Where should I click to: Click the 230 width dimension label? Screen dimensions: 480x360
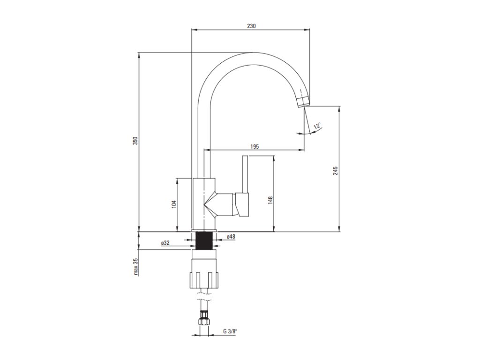[251, 26]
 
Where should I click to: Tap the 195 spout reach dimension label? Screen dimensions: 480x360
[255, 147]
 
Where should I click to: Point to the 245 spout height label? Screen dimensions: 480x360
[336, 171]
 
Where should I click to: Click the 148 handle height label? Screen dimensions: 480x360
[270, 200]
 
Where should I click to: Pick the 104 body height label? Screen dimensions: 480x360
[174, 204]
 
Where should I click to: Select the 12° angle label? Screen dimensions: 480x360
[317, 126]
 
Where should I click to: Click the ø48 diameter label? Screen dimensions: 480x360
[231, 237]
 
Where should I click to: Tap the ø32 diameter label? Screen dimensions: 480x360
[165, 243]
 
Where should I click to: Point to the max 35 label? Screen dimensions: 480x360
[136, 266]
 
